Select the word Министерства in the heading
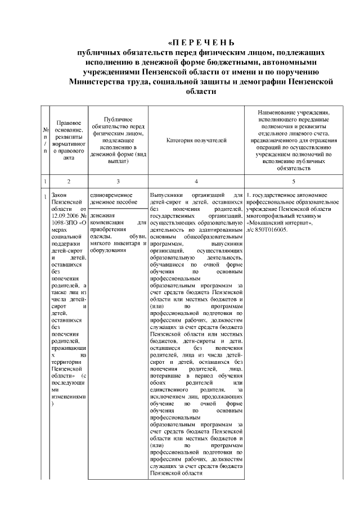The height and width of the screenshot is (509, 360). tap(100, 82)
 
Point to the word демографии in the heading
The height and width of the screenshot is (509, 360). tap(256, 82)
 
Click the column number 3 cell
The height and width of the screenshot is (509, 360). tap(118, 181)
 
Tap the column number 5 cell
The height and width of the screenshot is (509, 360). tap(294, 181)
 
